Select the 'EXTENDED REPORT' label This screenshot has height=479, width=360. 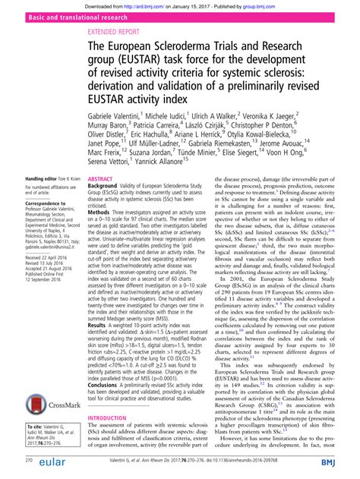(x=115, y=33)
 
